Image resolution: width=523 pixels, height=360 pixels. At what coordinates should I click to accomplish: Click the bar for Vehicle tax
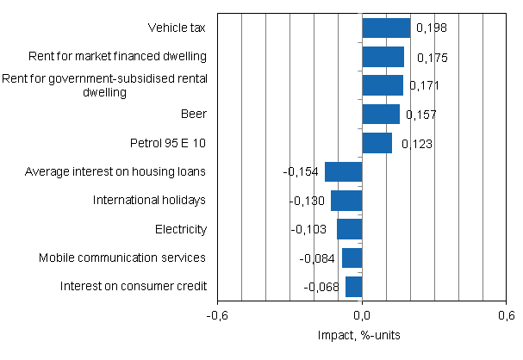point(386,28)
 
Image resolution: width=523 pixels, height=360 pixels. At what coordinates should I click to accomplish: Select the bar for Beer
point(381,115)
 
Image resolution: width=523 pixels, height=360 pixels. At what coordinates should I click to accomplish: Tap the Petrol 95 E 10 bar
point(377,143)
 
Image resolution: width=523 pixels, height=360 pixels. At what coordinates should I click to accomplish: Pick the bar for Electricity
point(349,229)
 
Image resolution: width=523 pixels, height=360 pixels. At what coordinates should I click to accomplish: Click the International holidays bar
point(346,201)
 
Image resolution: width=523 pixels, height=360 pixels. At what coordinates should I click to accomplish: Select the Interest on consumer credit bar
point(353,287)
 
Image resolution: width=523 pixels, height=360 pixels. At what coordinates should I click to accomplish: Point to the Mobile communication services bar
point(352,258)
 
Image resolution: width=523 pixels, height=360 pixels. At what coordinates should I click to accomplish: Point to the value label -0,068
point(321,288)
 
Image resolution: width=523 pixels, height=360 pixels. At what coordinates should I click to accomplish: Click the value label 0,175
point(431,59)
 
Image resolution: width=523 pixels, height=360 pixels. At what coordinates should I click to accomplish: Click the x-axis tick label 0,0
point(362,314)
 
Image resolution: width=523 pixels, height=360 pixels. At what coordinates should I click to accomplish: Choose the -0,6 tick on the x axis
point(218,314)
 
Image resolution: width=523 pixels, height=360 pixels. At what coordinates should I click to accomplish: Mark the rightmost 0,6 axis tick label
point(506,314)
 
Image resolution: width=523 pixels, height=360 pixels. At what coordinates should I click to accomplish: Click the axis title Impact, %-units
point(362,334)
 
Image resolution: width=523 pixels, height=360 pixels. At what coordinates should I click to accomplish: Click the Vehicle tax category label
point(177,28)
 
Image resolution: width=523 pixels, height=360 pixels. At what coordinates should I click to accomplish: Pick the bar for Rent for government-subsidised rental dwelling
point(383,85)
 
